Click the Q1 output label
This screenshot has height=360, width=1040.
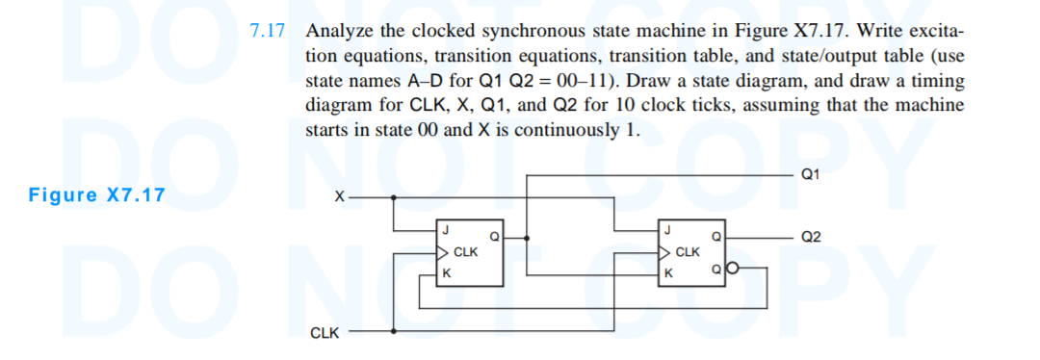tap(810, 175)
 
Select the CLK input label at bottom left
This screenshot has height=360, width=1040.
tap(325, 333)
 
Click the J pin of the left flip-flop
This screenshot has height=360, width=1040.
tap(446, 229)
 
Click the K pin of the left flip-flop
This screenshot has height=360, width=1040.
tap(446, 273)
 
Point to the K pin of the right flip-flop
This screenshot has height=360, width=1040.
tap(668, 273)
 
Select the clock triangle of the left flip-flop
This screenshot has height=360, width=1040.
tap(443, 253)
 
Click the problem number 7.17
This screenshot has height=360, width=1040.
tap(267, 29)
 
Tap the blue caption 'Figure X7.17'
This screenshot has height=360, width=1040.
tap(96, 195)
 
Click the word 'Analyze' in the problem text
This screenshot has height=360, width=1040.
tap(337, 29)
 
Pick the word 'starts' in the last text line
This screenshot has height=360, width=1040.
tap(325, 130)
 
